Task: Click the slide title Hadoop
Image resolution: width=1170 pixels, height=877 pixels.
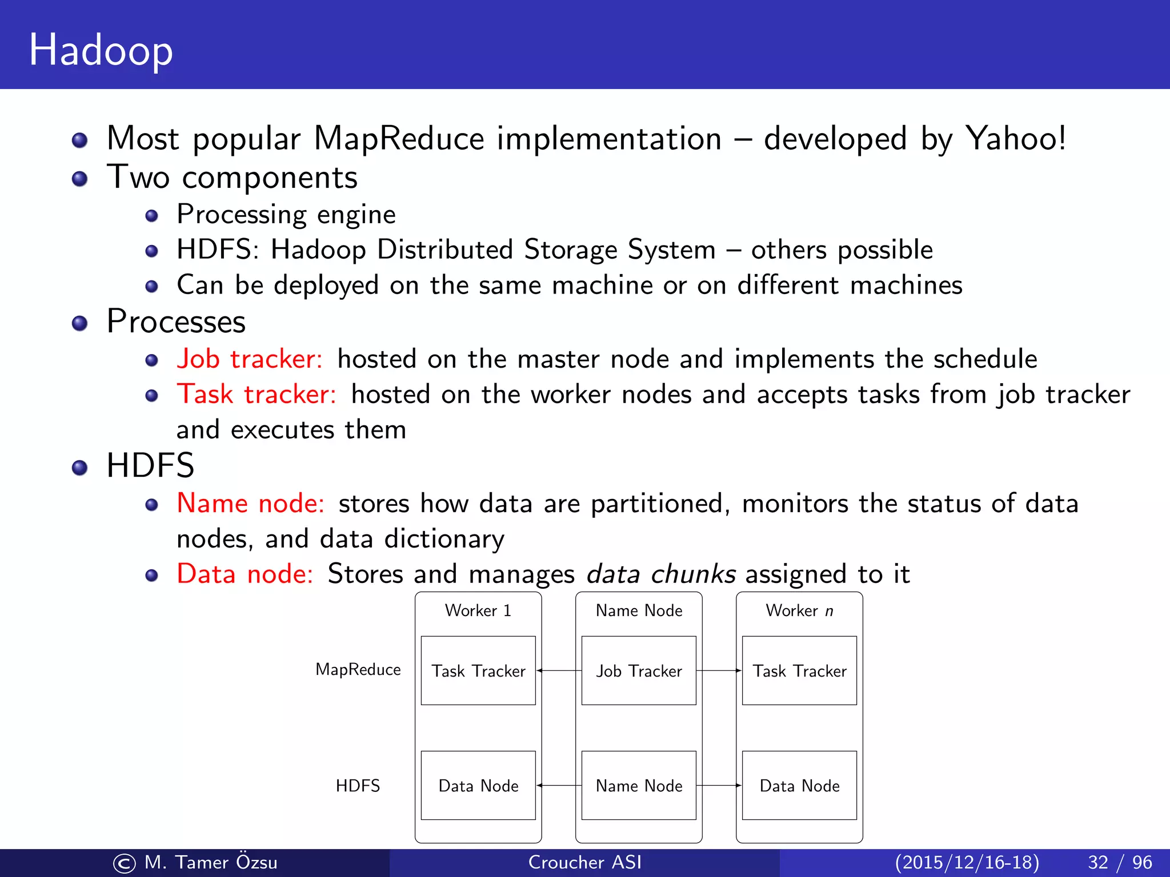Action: [101, 50]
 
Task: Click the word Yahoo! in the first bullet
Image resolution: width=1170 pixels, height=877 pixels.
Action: [1015, 138]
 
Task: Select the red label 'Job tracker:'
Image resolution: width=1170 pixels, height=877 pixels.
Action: [250, 359]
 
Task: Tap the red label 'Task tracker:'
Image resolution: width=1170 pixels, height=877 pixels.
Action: [257, 394]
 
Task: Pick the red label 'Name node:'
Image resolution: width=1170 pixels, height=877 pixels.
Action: [250, 503]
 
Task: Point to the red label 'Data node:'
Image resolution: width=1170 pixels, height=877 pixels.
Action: [245, 573]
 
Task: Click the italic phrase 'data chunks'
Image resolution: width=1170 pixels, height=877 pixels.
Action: [661, 573]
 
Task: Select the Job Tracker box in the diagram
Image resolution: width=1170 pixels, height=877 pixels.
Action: [639, 670]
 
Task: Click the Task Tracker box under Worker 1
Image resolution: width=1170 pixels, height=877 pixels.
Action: [478, 670]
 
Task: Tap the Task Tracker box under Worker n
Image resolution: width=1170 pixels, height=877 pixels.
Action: [799, 670]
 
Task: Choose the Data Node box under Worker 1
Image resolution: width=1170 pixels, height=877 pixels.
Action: [478, 786]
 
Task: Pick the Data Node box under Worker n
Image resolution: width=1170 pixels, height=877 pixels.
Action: [799, 786]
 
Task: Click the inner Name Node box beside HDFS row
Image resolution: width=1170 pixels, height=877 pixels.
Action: [639, 786]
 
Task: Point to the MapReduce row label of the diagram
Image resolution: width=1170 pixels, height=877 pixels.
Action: [358, 669]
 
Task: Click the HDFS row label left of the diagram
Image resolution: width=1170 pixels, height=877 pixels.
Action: [358, 786]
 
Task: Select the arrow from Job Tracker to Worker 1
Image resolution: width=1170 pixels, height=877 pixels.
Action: [559, 670]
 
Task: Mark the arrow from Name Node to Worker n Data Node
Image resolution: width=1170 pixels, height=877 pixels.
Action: [719, 786]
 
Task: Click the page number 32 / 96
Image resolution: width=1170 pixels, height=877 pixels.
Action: [1120, 862]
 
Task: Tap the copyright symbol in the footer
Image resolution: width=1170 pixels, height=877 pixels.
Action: [125, 863]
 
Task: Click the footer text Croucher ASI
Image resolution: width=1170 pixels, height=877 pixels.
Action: [585, 862]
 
